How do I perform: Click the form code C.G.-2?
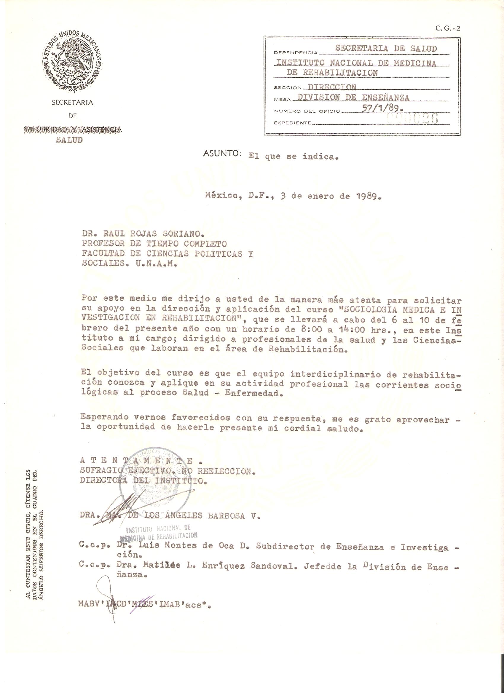click(447, 29)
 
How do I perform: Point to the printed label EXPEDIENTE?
click(293, 123)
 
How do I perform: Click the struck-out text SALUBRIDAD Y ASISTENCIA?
click(72, 130)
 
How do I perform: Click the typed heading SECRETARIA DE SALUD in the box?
click(386, 48)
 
